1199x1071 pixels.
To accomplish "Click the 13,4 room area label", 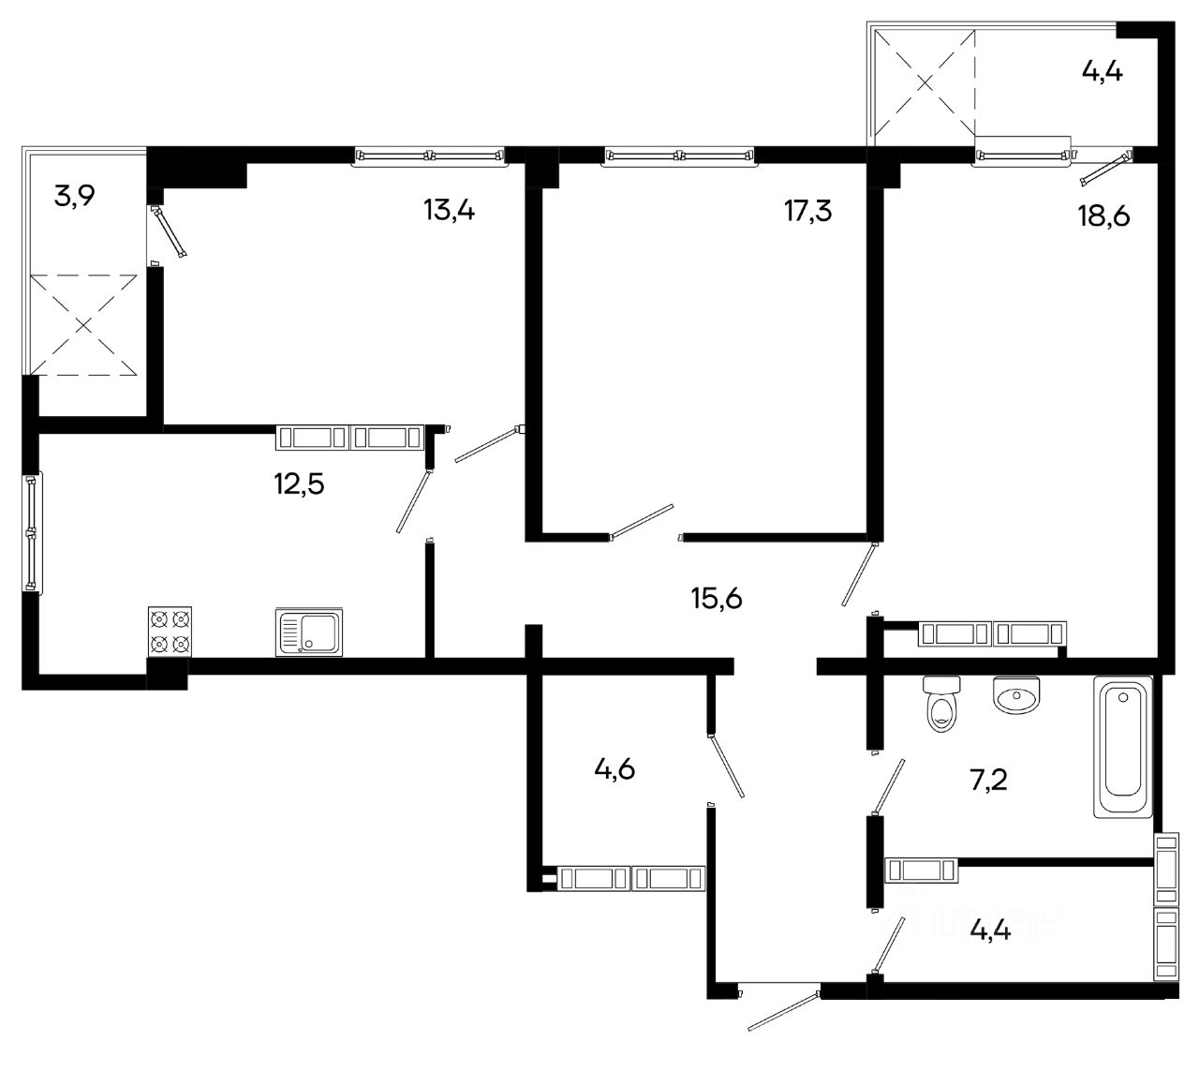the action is point(449,210).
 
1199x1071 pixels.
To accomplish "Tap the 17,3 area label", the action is point(807,210).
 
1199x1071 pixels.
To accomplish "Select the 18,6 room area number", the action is point(1103,216).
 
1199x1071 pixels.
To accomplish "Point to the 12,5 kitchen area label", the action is point(299,483).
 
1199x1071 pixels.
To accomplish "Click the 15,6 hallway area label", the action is point(717,599).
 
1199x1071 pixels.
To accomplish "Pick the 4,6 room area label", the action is point(614,769).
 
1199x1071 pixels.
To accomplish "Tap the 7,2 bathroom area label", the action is point(988,780).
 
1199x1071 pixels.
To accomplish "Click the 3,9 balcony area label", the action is point(74,196).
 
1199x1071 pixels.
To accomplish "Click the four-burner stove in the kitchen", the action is point(170,632).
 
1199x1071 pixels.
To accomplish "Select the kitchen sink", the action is point(309,632).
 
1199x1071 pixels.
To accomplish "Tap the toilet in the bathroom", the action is point(941,704).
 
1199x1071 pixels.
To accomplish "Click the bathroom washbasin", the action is point(1016,694).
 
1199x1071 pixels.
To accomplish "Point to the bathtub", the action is point(1122,747).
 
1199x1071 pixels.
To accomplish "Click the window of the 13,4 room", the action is point(430,156).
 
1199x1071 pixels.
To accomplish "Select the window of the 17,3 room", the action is point(679,156).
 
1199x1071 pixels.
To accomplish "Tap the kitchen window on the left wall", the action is point(31,531).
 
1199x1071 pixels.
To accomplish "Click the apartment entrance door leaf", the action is point(783,1010).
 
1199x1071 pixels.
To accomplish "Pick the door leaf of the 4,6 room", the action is point(726,766).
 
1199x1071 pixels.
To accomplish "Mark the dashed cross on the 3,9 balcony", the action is point(83,324).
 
